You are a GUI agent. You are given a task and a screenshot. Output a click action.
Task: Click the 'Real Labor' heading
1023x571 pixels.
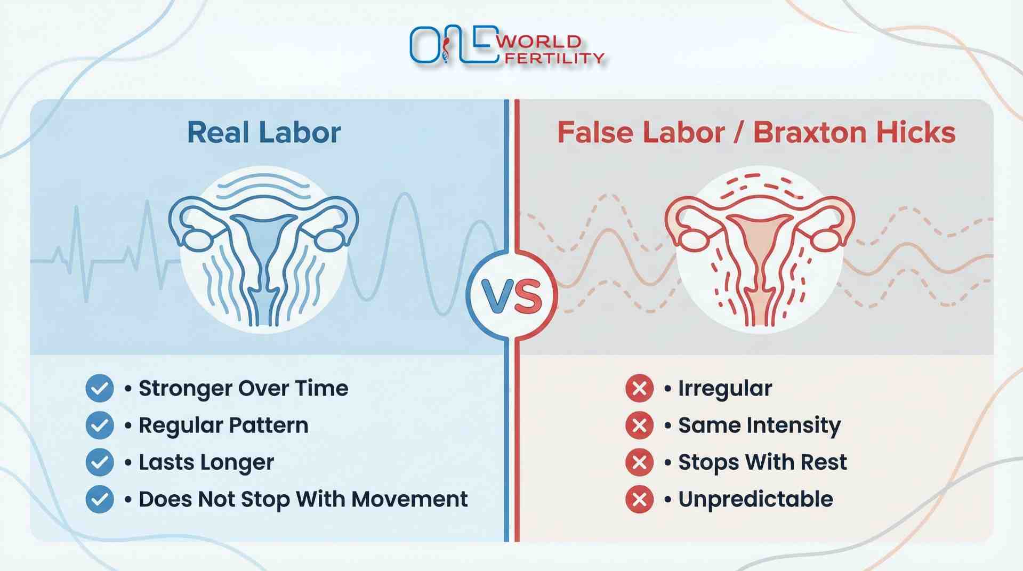coord(264,133)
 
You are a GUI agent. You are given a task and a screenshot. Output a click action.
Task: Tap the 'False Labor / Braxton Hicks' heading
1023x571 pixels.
coord(756,133)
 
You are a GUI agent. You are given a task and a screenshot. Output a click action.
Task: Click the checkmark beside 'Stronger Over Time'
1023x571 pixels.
coord(100,388)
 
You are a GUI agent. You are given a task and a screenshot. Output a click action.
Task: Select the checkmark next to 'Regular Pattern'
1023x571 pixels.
coord(100,425)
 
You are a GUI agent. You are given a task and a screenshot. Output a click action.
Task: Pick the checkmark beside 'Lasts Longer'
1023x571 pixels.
coord(100,462)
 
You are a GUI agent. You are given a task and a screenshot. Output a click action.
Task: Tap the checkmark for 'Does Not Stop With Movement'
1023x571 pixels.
coord(100,499)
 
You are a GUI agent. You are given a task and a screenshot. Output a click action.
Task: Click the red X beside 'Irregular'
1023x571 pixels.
coord(639,388)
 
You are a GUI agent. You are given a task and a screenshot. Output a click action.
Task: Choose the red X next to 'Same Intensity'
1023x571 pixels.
coord(639,425)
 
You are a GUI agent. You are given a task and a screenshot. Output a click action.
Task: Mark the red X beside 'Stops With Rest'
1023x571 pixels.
coord(639,462)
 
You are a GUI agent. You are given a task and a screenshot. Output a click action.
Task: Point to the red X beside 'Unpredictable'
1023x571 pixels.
coord(639,499)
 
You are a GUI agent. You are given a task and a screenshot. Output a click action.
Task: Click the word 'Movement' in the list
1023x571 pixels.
coord(409,499)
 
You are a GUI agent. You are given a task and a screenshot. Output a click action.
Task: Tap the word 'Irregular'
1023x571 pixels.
coord(725,389)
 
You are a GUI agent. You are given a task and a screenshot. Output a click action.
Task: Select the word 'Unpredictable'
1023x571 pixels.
coord(755,499)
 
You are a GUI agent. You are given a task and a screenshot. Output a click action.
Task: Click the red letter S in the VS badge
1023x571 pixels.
coord(529,296)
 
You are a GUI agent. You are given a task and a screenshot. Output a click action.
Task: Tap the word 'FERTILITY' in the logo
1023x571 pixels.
coord(554,58)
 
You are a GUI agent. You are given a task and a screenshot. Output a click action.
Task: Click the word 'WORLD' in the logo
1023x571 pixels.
coord(538,42)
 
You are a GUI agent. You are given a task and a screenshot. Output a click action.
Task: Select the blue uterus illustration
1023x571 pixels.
coord(264,251)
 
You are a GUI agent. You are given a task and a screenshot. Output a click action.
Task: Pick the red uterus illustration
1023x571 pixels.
coord(760,251)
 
